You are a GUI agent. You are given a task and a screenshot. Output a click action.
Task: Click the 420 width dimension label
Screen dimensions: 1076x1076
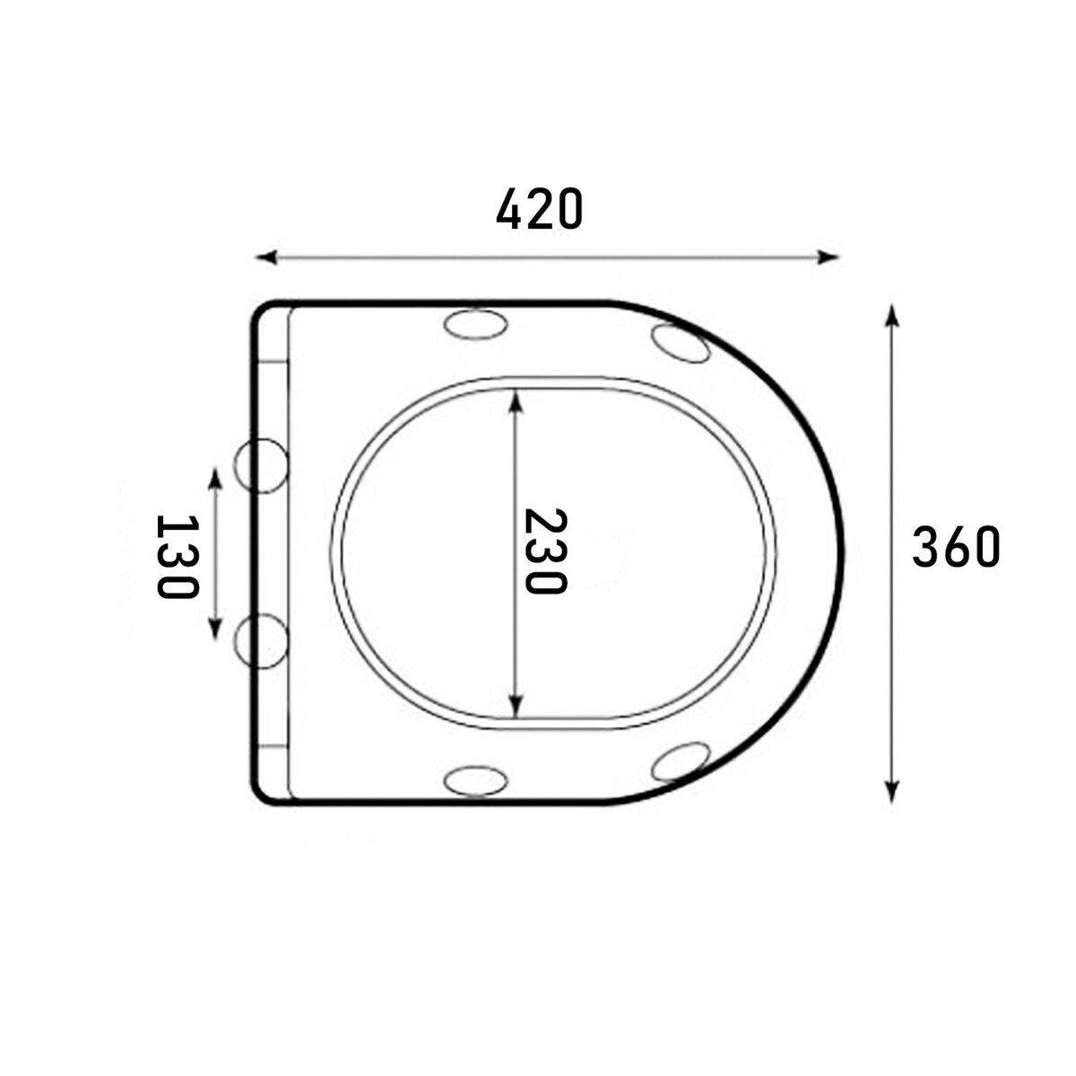click(x=539, y=209)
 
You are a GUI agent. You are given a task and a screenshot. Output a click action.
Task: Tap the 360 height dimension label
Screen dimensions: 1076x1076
click(x=955, y=547)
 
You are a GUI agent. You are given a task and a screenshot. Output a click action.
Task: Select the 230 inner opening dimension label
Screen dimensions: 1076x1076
click(x=546, y=551)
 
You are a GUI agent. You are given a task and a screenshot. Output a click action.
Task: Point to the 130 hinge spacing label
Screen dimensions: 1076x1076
click(x=177, y=557)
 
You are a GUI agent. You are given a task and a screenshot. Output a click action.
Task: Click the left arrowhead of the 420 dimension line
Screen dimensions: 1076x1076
click(x=267, y=257)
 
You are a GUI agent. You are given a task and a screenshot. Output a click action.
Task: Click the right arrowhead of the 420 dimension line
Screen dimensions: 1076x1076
click(x=829, y=257)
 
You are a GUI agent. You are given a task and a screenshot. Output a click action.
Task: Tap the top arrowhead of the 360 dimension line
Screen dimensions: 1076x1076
click(x=892, y=316)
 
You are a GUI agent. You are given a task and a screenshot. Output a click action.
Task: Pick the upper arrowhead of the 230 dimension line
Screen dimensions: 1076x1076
click(x=517, y=400)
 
